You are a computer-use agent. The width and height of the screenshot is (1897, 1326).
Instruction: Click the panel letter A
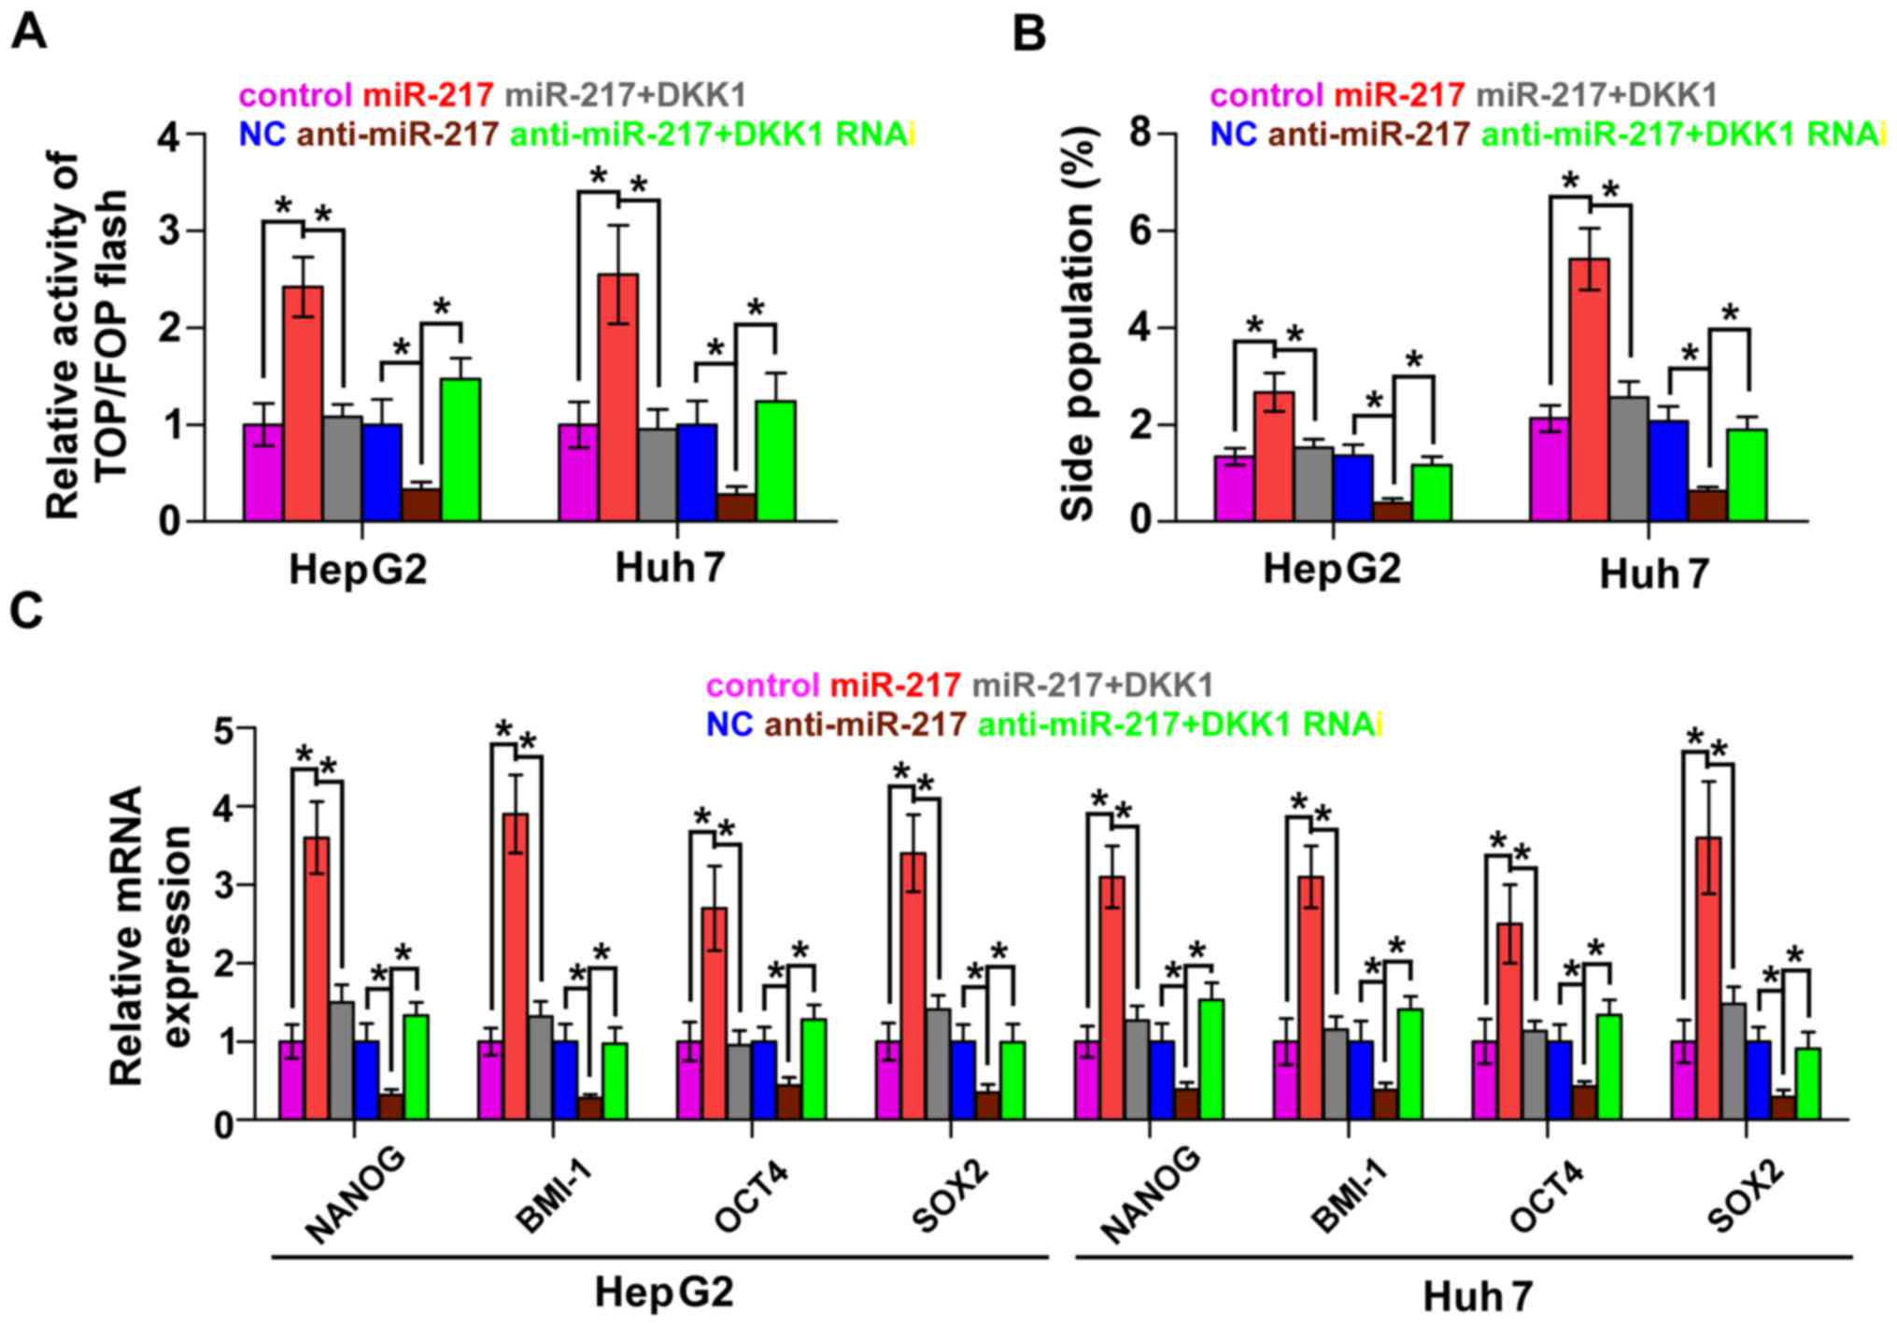tap(29, 34)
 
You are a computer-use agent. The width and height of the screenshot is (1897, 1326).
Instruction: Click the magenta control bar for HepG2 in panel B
tap(1234, 488)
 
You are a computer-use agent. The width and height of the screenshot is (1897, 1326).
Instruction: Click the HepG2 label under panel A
tap(358, 568)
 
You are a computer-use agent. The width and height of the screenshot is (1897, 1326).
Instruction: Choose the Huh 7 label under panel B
tap(1652, 573)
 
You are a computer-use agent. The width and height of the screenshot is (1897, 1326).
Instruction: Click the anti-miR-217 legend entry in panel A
tap(398, 134)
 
